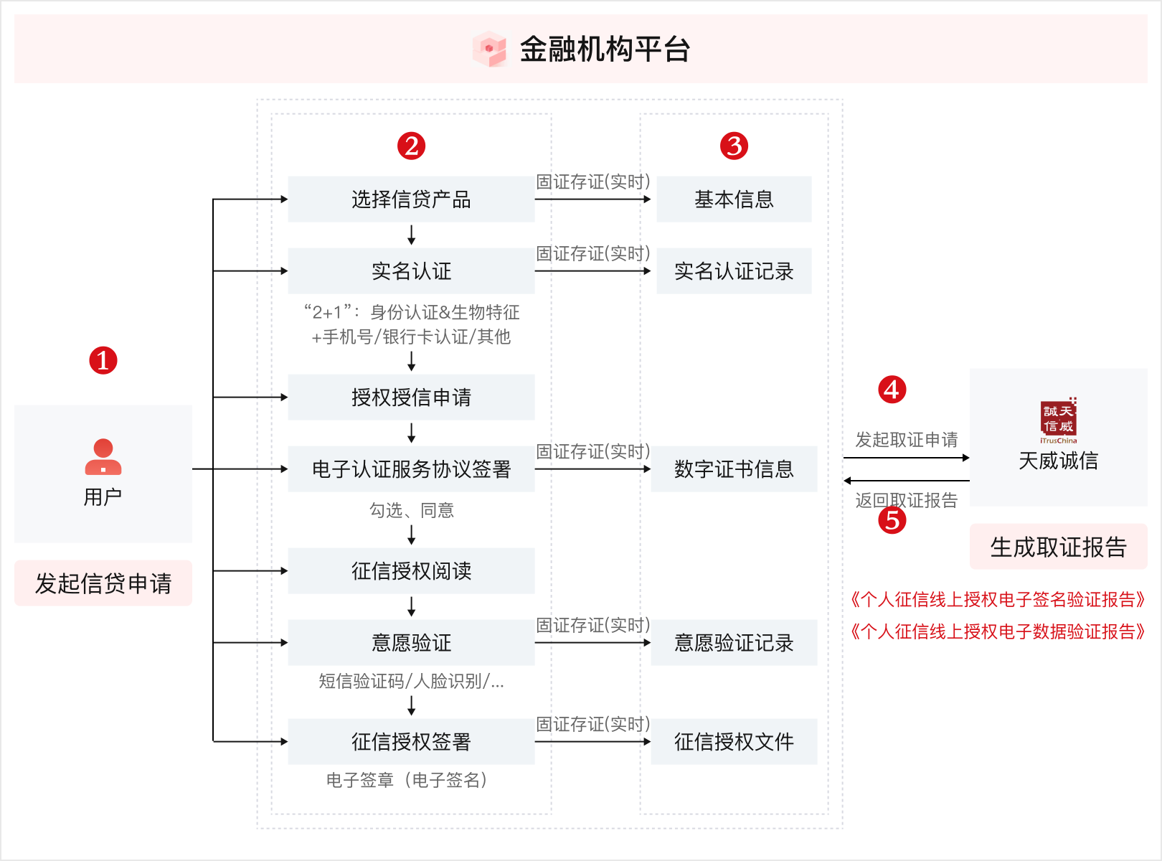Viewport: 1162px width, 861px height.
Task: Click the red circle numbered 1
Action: (x=103, y=360)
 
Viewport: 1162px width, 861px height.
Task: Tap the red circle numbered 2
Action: (x=411, y=146)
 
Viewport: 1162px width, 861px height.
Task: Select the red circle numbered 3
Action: (x=734, y=146)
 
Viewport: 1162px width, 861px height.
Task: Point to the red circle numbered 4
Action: (x=892, y=390)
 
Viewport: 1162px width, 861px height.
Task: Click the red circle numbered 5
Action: (x=892, y=520)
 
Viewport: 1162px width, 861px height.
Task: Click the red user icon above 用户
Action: (x=103, y=457)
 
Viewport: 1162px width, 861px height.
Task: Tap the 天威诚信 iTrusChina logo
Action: (x=1058, y=420)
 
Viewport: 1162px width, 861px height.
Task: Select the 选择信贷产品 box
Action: (x=411, y=199)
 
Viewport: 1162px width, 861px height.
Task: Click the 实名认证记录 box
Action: (x=734, y=271)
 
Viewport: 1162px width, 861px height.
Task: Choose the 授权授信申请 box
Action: (x=411, y=397)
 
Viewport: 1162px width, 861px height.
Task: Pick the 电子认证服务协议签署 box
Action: (x=411, y=469)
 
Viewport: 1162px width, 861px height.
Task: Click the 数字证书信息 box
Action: (x=734, y=469)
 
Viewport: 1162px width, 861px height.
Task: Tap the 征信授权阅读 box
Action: (x=411, y=570)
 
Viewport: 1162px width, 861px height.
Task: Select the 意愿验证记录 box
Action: (x=734, y=642)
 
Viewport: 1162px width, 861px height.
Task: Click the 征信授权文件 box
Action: (x=734, y=741)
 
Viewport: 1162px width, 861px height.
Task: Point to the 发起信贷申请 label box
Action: (x=103, y=583)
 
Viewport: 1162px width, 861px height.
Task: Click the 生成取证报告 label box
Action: (x=1058, y=547)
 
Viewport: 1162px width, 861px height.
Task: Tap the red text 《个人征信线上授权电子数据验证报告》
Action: (x=997, y=631)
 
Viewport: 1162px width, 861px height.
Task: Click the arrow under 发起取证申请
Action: (x=907, y=458)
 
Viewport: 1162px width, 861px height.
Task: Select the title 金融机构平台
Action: (x=605, y=50)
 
